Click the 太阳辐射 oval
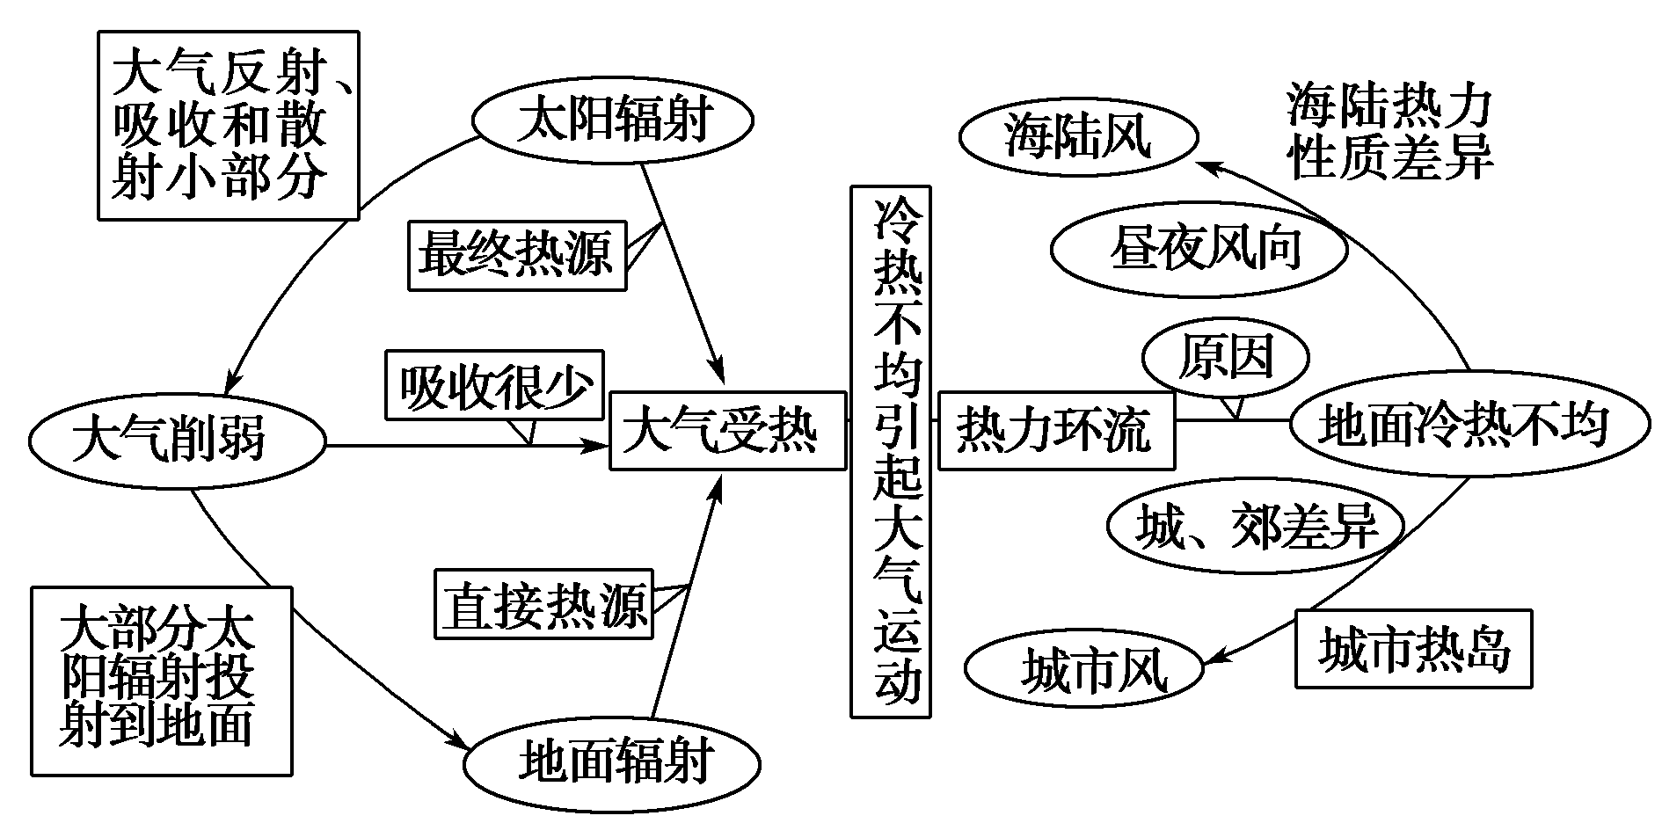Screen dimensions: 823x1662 [612, 120]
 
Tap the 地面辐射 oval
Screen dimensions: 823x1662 [613, 762]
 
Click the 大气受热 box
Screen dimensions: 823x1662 [727, 431]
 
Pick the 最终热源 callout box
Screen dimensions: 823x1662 [517, 255]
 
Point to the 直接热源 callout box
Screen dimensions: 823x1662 [543, 603]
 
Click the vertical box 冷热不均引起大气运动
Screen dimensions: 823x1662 [891, 450]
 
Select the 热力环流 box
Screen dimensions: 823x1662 [1056, 431]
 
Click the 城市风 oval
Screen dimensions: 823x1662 [1083, 671]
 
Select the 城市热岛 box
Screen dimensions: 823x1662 [1413, 649]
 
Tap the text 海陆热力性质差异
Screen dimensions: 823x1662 [1389, 132]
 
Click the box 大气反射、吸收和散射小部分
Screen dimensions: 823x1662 [228, 124]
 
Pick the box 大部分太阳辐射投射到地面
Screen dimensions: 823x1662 [162, 681]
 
